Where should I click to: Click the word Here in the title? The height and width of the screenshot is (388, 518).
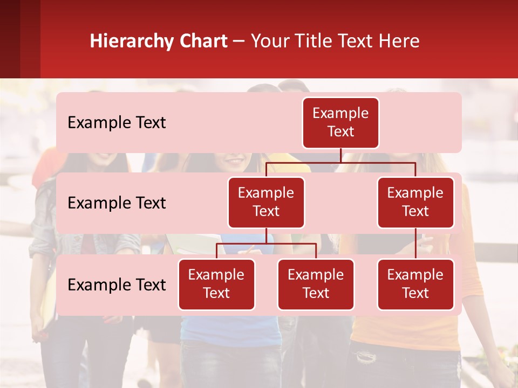(399, 41)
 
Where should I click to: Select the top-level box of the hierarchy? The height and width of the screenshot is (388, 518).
(340, 123)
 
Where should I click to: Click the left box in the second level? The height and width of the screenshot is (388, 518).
(266, 203)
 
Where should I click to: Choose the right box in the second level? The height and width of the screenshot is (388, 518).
(415, 203)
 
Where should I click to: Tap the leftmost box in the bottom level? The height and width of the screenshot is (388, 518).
(216, 285)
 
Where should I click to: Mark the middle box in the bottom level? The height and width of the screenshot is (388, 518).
(316, 285)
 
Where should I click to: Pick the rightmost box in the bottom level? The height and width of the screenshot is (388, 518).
(415, 285)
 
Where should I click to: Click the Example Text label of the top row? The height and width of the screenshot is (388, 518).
(117, 123)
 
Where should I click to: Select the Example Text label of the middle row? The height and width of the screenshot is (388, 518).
(117, 203)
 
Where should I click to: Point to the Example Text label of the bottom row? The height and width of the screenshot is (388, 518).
(117, 285)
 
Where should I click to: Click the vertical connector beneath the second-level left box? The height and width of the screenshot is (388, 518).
(266, 235)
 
